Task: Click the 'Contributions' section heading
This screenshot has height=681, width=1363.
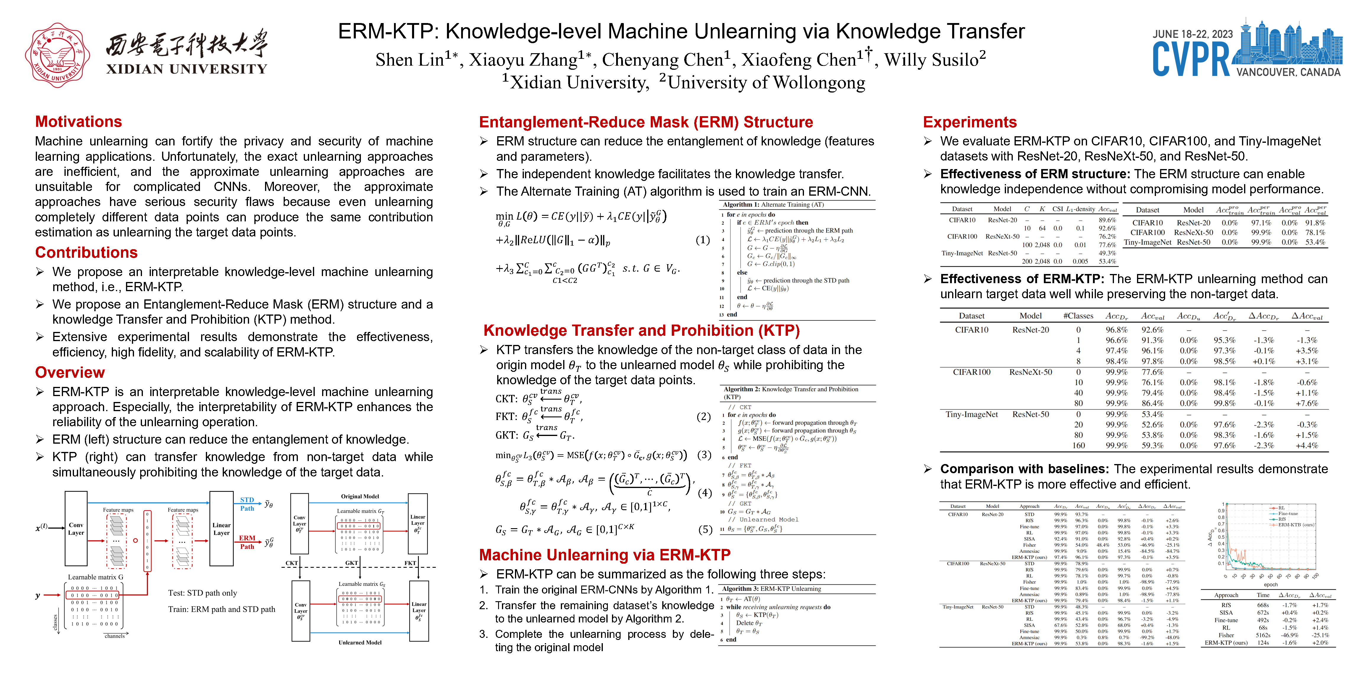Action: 86,253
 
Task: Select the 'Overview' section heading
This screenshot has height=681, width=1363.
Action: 70,373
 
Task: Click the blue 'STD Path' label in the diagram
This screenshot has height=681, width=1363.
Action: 247,504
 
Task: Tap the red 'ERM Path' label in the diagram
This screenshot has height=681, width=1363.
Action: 247,542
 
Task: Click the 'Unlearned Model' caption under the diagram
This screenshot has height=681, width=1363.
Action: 360,642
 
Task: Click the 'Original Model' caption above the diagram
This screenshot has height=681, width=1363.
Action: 360,497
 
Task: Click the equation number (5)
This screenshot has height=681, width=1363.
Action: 705,529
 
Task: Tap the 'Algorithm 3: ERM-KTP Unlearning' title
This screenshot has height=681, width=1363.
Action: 771,588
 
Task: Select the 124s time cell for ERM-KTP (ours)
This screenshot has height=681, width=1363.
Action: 1263,643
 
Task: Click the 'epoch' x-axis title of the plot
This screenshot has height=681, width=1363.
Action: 1270,584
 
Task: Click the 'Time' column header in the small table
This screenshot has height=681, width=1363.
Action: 1263,595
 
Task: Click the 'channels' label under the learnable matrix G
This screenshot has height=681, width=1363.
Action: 114,636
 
